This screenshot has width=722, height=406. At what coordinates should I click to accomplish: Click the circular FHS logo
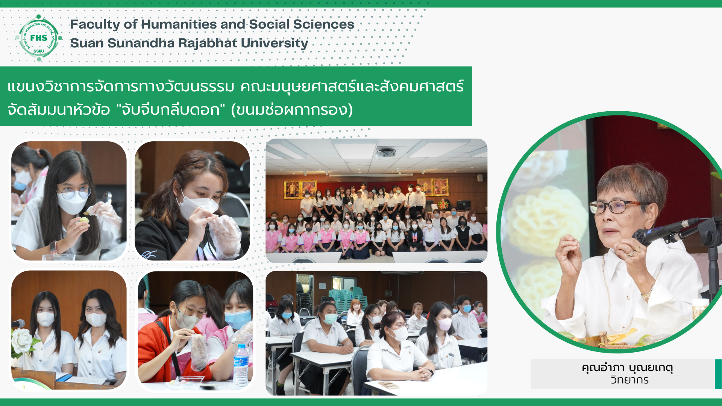tap(39, 38)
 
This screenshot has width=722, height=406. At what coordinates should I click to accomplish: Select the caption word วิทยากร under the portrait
tap(629, 380)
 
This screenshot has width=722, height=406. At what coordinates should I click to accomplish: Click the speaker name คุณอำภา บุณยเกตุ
tap(627, 367)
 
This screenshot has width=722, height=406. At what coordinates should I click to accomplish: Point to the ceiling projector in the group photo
tap(385, 153)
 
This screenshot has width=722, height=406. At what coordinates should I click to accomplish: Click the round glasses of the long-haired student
tap(74, 193)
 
